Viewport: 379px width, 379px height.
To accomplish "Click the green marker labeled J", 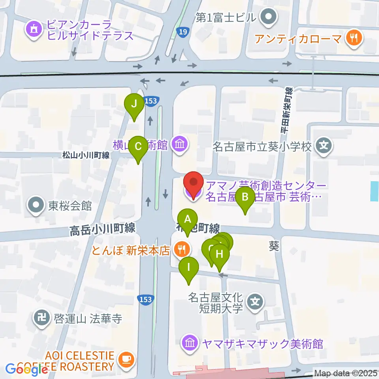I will point(134,105).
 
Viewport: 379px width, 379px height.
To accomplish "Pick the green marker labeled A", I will point(188,220).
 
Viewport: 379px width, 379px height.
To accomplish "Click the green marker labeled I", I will point(189,268).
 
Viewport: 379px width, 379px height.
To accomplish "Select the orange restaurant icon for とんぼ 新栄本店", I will point(182,249).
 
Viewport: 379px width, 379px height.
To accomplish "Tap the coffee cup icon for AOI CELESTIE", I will point(126,359).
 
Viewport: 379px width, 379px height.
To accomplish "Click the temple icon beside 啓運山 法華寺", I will point(41,317).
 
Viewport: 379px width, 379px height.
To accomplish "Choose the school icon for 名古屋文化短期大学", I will point(255,302).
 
